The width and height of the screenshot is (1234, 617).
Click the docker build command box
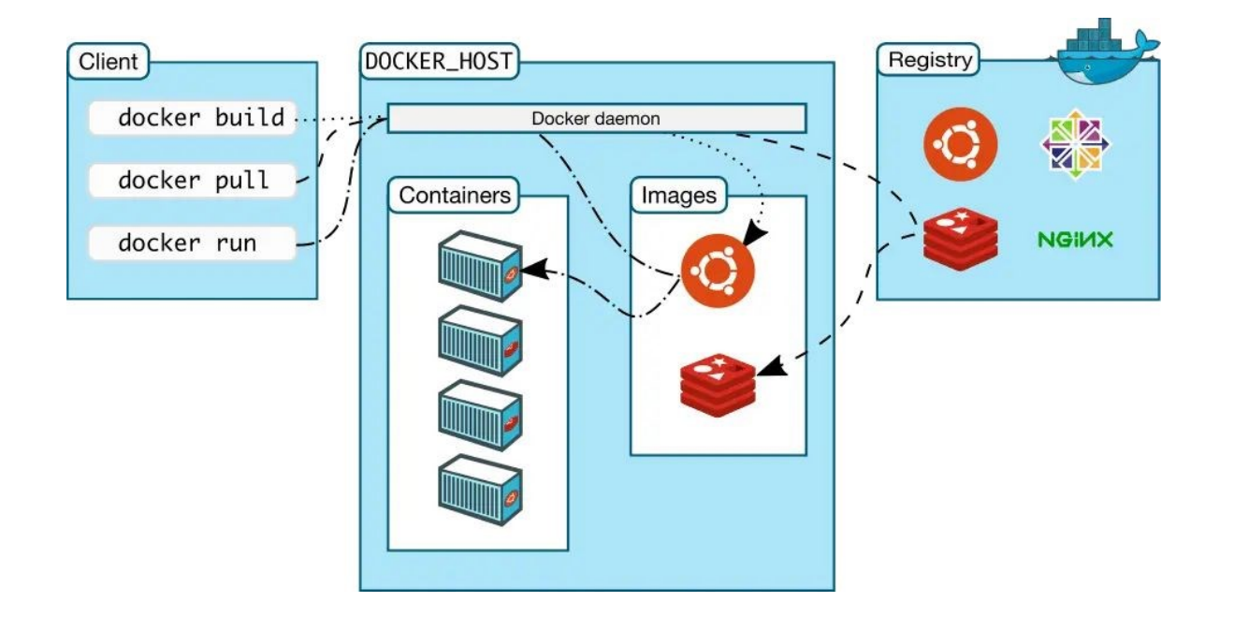click(193, 119)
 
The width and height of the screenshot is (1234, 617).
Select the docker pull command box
click(193, 180)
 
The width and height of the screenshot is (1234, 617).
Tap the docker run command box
click(193, 243)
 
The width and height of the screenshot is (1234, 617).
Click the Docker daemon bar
click(596, 119)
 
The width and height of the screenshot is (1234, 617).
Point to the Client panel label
click(109, 63)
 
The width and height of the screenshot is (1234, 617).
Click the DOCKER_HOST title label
click(439, 63)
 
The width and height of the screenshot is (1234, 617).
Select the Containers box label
click(455, 196)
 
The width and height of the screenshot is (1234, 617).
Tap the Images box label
click(678, 196)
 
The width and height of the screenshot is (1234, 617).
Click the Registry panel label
click(930, 61)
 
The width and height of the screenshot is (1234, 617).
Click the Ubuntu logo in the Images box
click(717, 271)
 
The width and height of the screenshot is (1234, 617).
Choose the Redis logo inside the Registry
click(960, 239)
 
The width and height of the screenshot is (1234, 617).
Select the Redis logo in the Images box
click(717, 382)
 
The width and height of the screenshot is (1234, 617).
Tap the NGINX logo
click(1076, 240)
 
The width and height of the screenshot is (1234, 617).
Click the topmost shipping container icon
click(480, 266)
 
